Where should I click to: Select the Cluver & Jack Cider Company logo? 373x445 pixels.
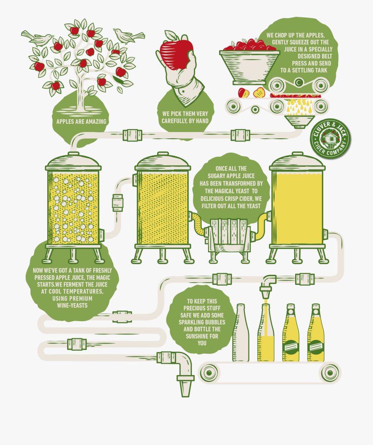point(330,138)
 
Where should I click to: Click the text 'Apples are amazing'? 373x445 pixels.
point(81,121)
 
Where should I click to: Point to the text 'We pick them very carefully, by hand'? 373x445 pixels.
point(185,117)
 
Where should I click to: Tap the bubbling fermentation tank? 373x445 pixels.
point(73,207)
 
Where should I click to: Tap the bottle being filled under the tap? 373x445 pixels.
point(266,335)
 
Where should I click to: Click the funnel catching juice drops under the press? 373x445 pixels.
point(300,122)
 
